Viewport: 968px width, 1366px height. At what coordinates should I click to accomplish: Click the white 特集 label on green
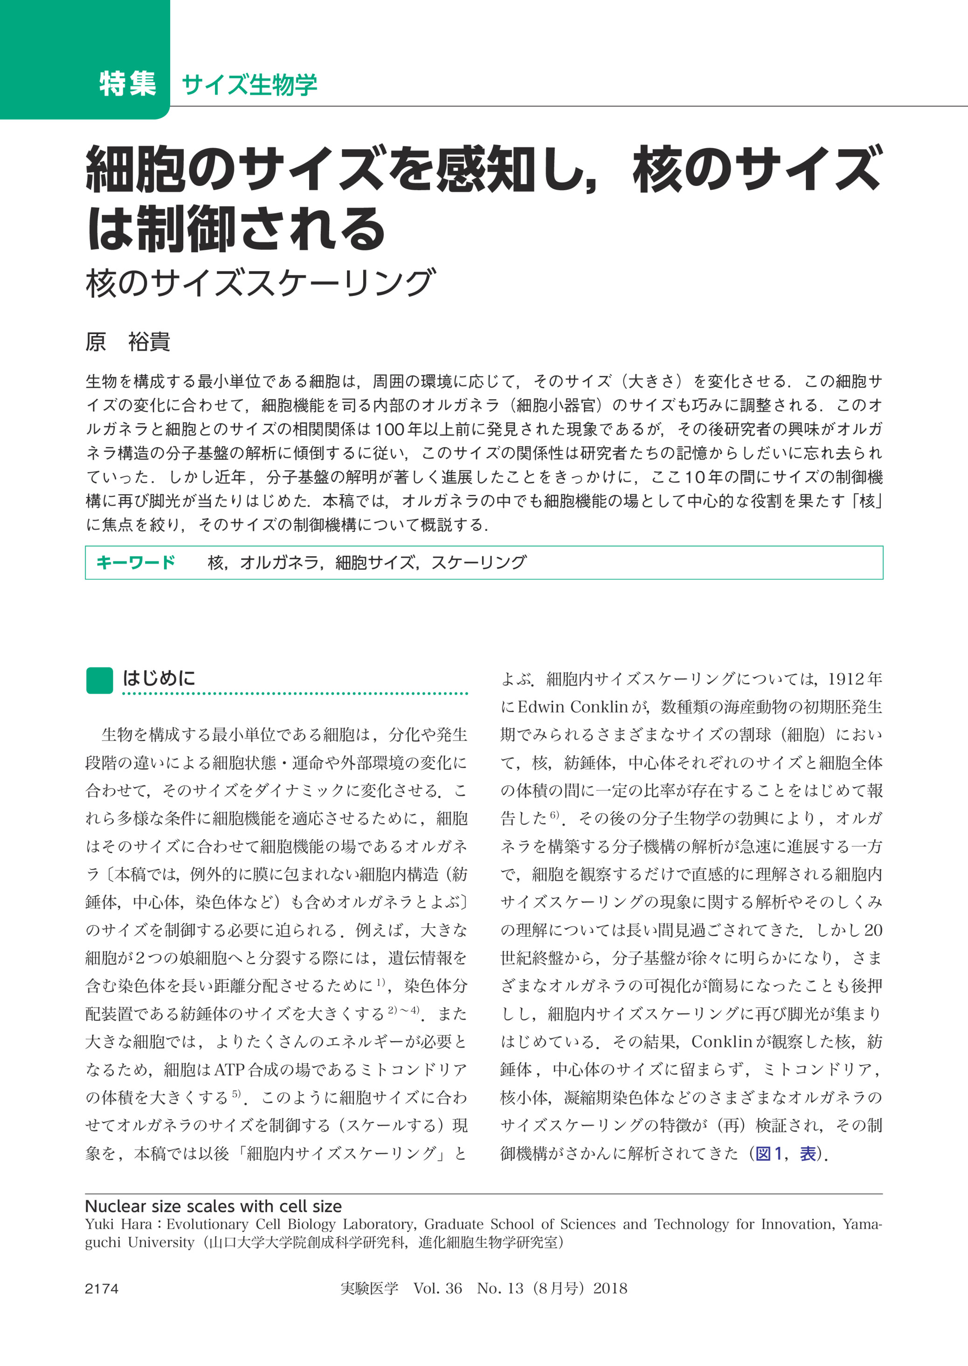click(128, 83)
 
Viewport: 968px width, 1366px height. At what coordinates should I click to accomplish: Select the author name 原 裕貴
click(128, 342)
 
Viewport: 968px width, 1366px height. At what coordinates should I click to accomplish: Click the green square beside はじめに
click(99, 680)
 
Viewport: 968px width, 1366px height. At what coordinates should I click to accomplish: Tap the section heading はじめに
click(159, 678)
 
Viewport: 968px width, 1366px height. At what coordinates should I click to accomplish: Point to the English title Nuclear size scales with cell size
click(214, 1206)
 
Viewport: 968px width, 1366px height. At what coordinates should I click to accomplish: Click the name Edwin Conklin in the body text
click(573, 707)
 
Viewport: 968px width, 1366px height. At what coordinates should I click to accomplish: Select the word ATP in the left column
click(229, 1070)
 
